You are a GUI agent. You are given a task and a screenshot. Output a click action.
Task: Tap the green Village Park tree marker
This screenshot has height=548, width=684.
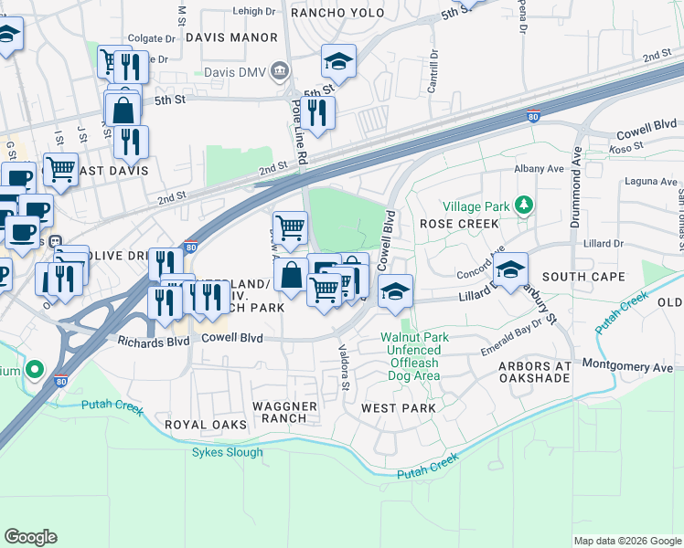[x=523, y=205]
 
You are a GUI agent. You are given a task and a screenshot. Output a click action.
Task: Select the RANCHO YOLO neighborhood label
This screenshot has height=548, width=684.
[x=329, y=13]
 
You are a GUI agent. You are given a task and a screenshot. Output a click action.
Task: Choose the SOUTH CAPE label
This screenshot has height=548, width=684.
[x=583, y=276]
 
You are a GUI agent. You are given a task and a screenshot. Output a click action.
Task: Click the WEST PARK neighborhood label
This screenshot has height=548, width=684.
[x=399, y=408]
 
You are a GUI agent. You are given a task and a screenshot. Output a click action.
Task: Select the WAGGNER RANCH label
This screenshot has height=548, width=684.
[x=284, y=412]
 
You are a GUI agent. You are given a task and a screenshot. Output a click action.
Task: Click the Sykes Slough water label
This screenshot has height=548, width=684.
[x=227, y=452]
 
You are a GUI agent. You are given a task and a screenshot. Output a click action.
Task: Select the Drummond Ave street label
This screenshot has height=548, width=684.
[x=576, y=184]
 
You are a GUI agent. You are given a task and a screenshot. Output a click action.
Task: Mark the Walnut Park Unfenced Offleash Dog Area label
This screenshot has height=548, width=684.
[x=414, y=356]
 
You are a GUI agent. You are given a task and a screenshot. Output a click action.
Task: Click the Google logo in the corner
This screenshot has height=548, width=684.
[x=31, y=536]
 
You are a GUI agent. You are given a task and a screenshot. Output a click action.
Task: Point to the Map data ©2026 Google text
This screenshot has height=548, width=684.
[x=626, y=541]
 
